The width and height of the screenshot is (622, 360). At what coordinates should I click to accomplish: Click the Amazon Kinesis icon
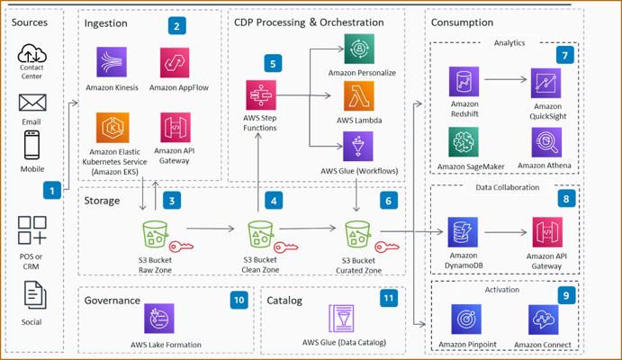coord(113,63)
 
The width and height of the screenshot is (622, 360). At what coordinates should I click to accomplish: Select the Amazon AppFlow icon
coord(175,63)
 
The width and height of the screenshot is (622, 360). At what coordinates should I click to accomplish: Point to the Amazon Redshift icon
coord(464,83)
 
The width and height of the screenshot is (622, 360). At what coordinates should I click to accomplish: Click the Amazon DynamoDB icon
coord(464,232)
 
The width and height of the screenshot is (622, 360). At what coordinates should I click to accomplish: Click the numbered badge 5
coord(273,64)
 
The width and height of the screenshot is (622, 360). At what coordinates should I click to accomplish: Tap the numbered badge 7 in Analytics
coord(565,55)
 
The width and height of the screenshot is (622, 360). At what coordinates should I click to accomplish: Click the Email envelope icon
coord(32,103)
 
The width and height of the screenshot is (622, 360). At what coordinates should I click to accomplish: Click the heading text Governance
coord(112,301)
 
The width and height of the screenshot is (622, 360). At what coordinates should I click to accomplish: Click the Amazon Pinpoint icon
coord(464,319)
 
